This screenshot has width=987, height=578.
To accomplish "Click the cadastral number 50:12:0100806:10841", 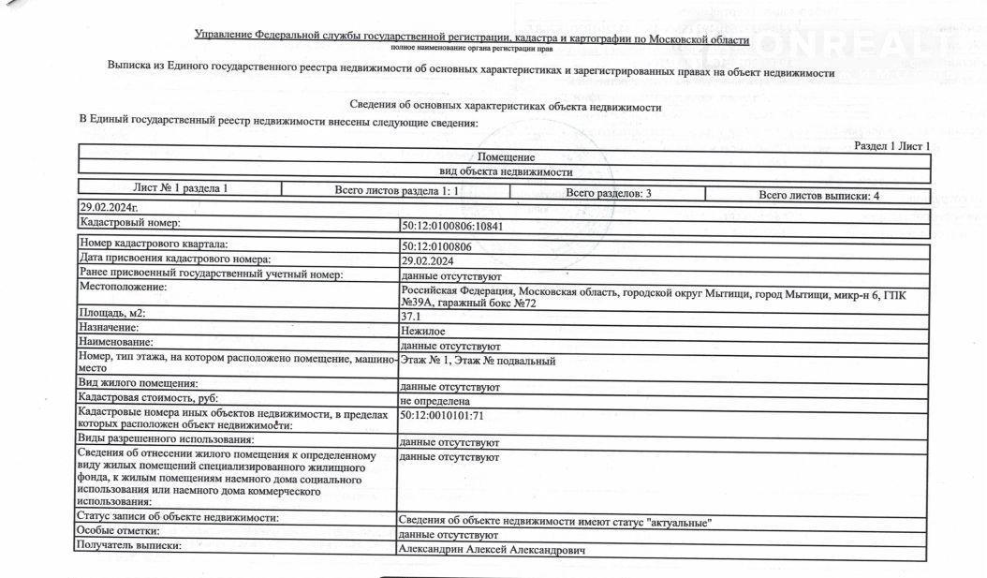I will tap(457, 226).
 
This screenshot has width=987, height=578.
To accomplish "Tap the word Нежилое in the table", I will tap(422, 331).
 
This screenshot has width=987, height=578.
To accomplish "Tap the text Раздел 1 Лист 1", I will tap(891, 146).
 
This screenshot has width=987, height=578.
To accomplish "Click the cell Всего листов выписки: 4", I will tap(818, 195).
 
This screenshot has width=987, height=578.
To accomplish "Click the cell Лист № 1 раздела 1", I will tap(168, 188).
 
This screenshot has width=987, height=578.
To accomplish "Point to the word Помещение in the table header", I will tap(506, 157).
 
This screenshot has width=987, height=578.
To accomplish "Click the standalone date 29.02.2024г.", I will tap(109, 206).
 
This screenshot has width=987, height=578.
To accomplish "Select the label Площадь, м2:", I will tap(113, 313).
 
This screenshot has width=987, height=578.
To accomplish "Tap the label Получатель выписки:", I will tap(129, 545).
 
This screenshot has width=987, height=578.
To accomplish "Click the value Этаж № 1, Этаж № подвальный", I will tap(479, 361).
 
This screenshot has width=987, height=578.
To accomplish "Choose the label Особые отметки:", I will tap(120, 531).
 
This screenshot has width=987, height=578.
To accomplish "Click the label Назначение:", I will tap(110, 327).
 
